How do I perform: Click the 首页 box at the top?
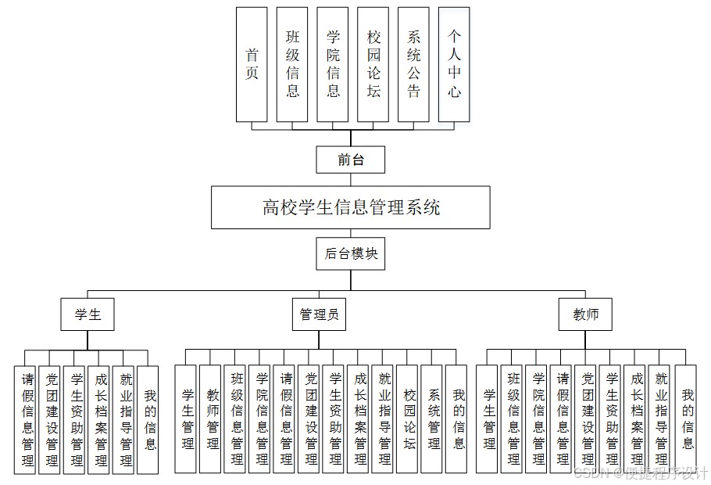pyautogui.click(x=252, y=65)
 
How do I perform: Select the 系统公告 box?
pyautogui.click(x=413, y=65)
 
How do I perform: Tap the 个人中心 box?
pyautogui.click(x=454, y=65)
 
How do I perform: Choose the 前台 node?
pyautogui.click(x=351, y=160)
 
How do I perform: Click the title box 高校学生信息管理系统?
pyautogui.click(x=351, y=207)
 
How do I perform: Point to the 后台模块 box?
pyautogui.click(x=351, y=253)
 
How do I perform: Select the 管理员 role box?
pyautogui.click(x=319, y=314)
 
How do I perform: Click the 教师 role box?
pyautogui.click(x=585, y=314)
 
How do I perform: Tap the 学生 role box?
pyautogui.click(x=88, y=314)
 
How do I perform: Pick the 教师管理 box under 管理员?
pyautogui.click(x=210, y=419)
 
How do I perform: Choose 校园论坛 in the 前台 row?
pyautogui.click(x=373, y=65)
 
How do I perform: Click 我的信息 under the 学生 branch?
pyautogui.click(x=148, y=419)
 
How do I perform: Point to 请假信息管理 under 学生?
pyautogui.click(x=25, y=419)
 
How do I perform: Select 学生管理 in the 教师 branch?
pyautogui.click(x=488, y=419)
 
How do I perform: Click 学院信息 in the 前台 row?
pyautogui.click(x=333, y=65)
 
